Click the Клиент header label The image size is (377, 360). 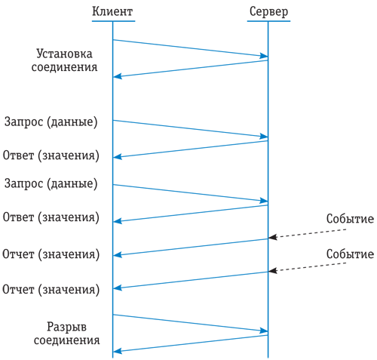tap(112, 11)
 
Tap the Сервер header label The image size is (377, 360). tap(268, 12)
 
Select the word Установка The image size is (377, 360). tap(64, 54)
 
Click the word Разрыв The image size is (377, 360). tap(66, 327)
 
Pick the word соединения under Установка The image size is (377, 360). tap(64, 67)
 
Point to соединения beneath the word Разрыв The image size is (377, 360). tap(66, 340)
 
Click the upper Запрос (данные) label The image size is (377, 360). tap(51, 122)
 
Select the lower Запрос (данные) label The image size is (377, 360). tap(51, 183)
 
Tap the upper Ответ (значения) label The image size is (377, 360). tap(51, 155)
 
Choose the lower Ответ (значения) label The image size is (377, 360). tap(51, 217)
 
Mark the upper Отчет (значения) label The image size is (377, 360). tap(51, 254)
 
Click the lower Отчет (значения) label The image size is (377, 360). tap(51, 290)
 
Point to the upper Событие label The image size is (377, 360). tap(350, 219)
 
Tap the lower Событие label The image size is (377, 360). tap(350, 254)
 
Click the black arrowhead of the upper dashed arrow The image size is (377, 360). tap(272, 237)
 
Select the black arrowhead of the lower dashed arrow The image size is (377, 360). tap(272, 271)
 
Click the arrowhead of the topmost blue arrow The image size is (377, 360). tap(264, 56)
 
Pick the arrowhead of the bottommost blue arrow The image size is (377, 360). tap(118, 351)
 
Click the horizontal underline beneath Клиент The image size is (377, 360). tap(113, 21)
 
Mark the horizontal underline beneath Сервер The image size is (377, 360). tap(268, 21)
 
